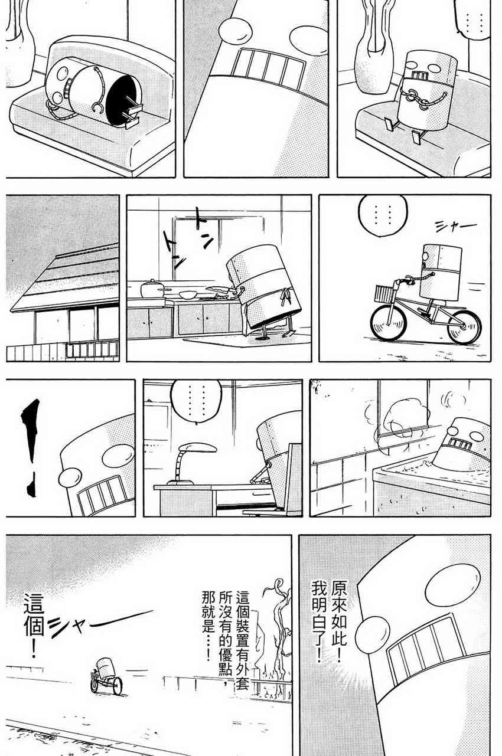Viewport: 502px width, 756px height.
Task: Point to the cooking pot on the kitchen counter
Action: pos(152,289)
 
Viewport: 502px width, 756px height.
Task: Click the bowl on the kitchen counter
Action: pos(188,294)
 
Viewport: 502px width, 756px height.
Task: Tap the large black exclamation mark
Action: pos(31,447)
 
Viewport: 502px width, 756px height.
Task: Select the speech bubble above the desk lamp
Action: pos(196,401)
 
